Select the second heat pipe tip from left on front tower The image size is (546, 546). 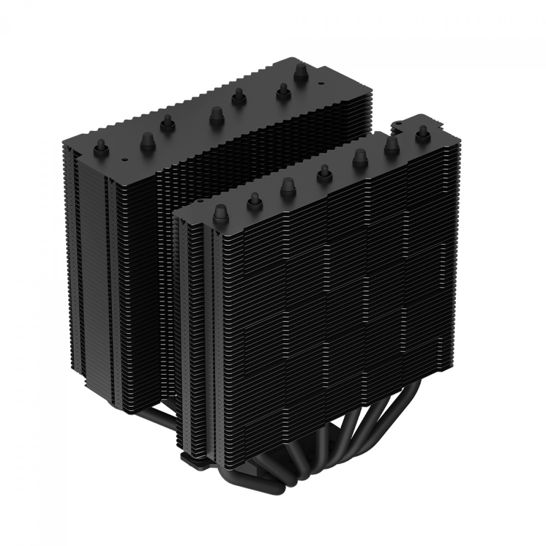(253, 198)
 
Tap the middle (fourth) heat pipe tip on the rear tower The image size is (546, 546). (237, 97)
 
